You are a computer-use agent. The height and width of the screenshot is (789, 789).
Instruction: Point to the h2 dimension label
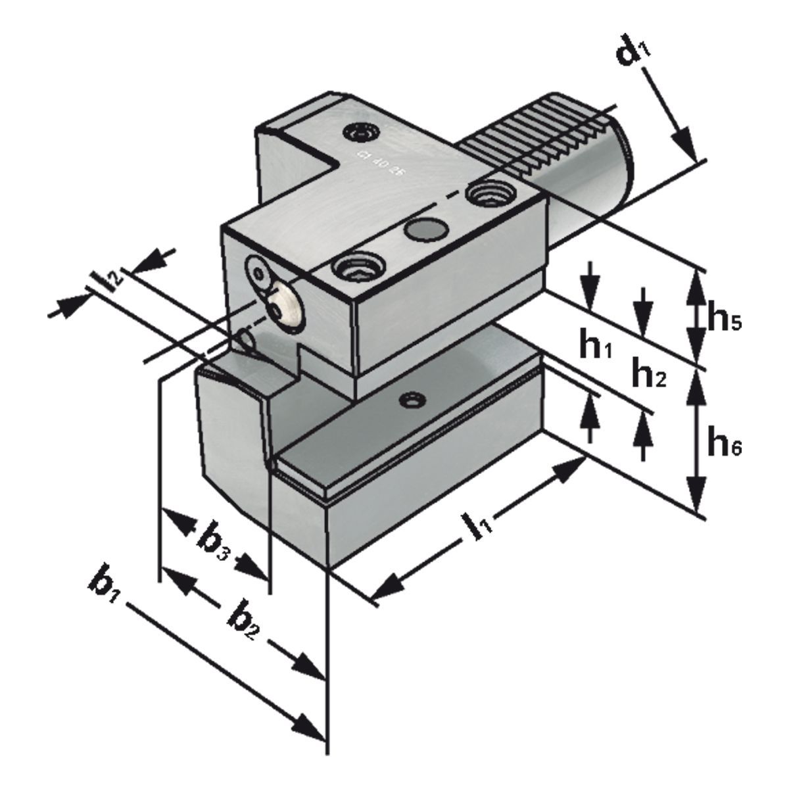(x=648, y=375)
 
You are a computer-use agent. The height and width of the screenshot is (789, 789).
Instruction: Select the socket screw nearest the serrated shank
(x=486, y=193)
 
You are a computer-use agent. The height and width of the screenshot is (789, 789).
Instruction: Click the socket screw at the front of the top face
(x=355, y=268)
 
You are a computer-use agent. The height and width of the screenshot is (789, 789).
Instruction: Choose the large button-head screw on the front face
(x=285, y=302)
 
